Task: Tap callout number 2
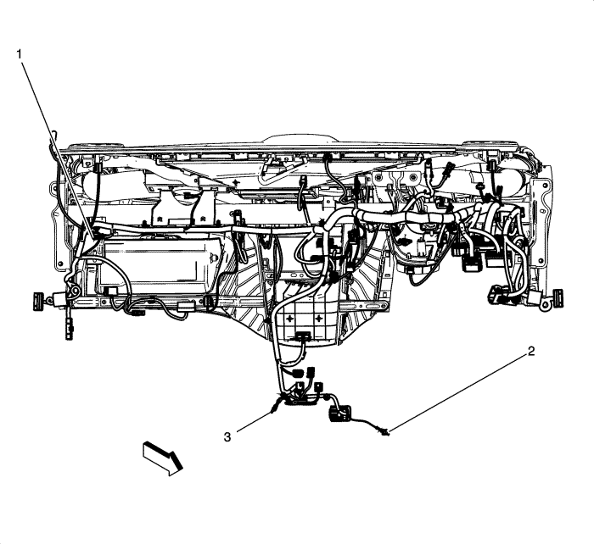(x=531, y=350)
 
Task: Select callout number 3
(x=227, y=437)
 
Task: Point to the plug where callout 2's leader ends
(x=387, y=433)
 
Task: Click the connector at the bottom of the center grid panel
(x=304, y=336)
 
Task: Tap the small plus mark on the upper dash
(x=240, y=183)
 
